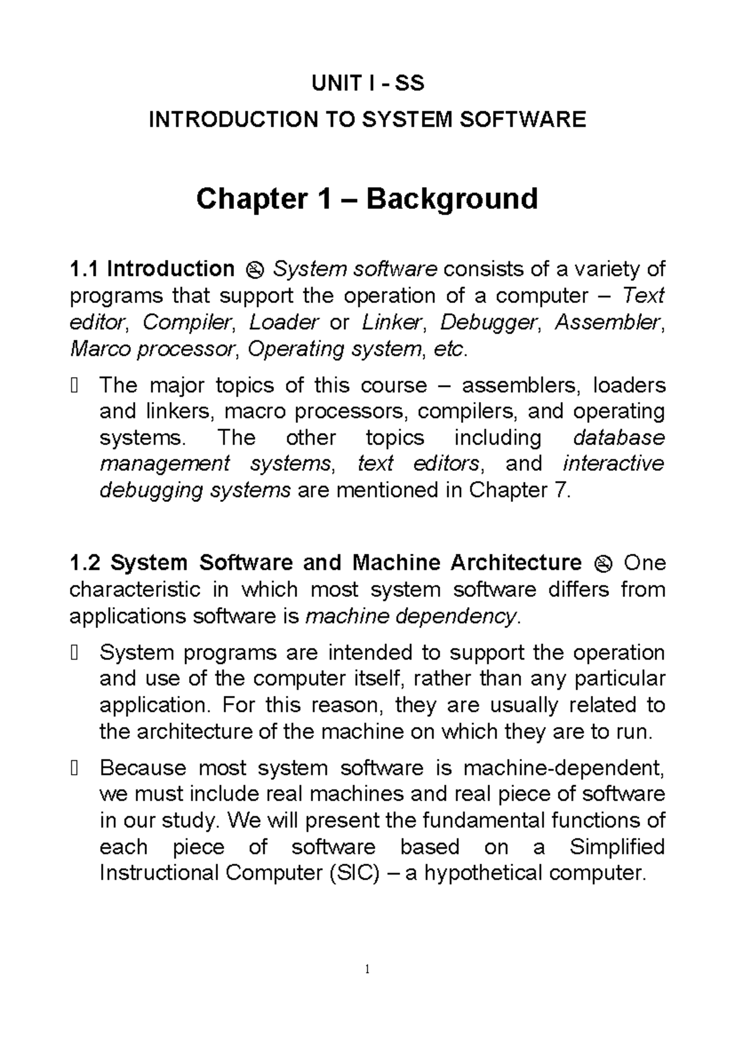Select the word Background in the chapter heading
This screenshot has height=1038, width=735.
[x=452, y=199]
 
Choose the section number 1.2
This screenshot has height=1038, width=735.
[x=85, y=562]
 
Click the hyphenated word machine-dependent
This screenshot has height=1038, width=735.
[x=563, y=767]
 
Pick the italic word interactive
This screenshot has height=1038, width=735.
[x=612, y=464]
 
